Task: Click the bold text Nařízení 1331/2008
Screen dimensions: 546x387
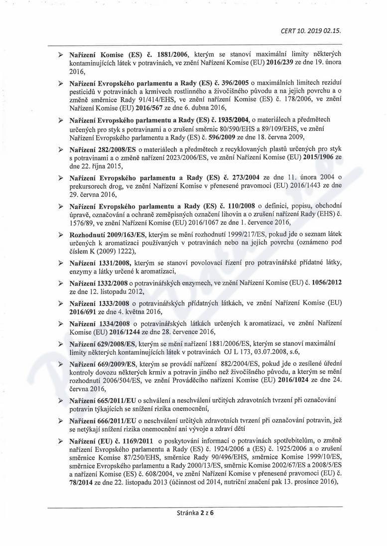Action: tap(97, 263)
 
